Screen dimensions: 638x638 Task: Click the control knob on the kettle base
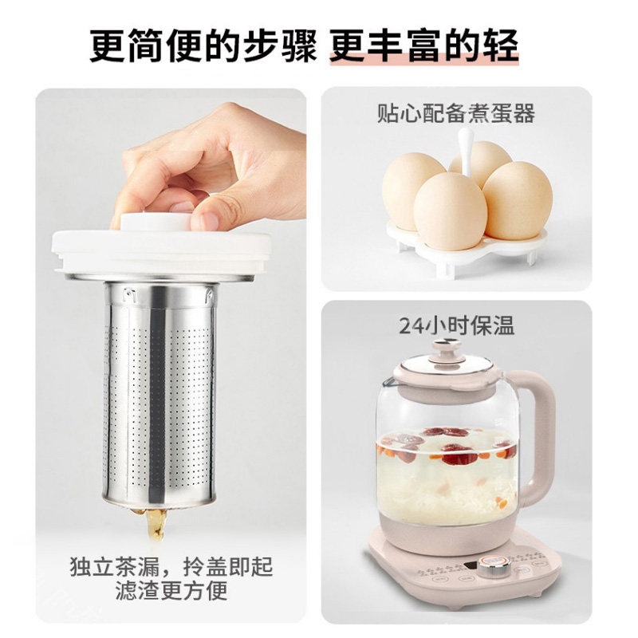coord(494,566)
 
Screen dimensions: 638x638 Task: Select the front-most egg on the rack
coord(450,211)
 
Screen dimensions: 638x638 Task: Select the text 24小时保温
coord(456,326)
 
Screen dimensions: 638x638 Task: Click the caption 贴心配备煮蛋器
coord(455,113)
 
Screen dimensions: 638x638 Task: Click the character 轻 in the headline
coord(501,45)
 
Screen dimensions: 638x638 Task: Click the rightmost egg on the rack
coord(518,200)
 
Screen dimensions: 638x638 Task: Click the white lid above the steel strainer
coord(161,251)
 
